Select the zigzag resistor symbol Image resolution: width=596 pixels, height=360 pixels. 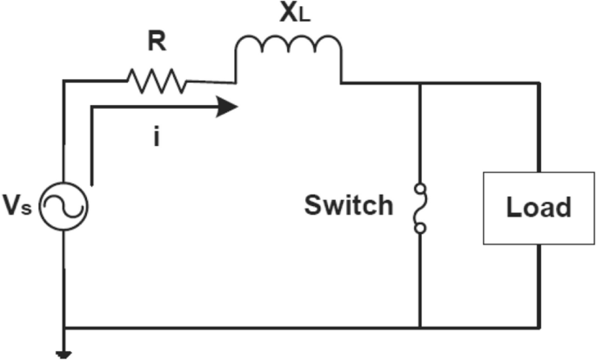coord(156,82)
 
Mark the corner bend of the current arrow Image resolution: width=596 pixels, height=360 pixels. coord(90,108)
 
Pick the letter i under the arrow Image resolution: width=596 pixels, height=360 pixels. coord(156,137)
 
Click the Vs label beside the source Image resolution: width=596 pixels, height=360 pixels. coord(20,207)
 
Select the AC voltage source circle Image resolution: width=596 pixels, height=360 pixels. coord(66,207)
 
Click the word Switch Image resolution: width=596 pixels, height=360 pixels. coord(348,206)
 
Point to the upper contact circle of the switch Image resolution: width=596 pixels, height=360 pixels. coord(420,186)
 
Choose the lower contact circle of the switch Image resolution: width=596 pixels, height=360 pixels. coord(420,229)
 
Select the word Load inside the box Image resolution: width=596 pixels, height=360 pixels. coord(539,208)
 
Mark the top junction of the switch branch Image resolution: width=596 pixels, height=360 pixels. coord(420,83)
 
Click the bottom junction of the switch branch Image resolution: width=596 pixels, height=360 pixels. coord(420,329)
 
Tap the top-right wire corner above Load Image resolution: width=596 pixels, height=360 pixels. coord(540,83)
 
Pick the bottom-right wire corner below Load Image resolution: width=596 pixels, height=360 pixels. coord(540,329)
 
